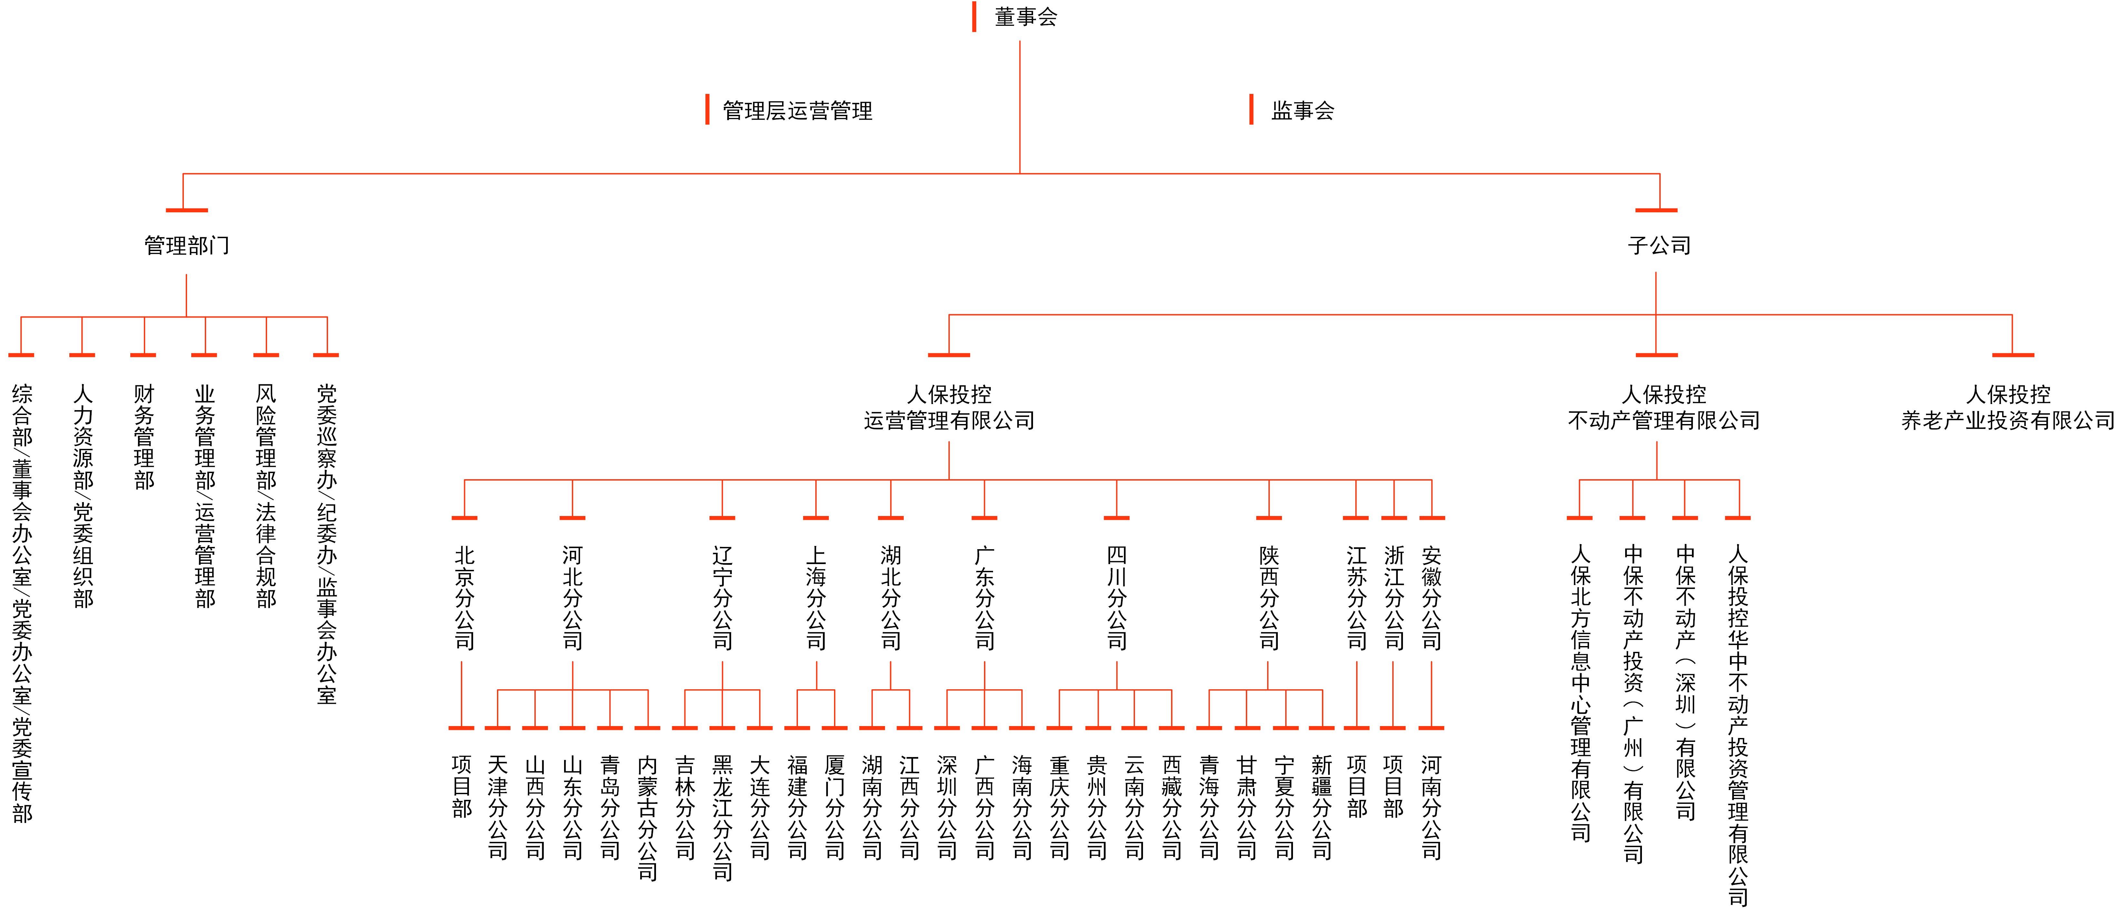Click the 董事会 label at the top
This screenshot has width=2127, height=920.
[x=1026, y=16]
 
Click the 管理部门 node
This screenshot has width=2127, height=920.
[x=187, y=245]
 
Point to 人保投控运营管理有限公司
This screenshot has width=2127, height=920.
[x=949, y=407]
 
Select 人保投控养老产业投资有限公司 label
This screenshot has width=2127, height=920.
[x=2008, y=407]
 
